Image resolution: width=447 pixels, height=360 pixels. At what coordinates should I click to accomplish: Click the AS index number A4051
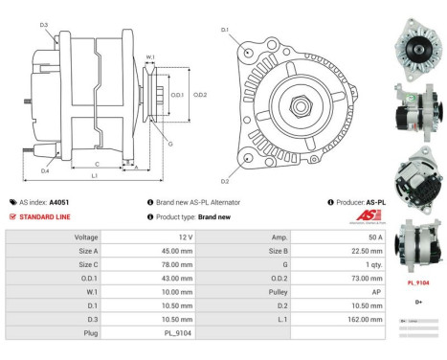pyautogui.click(x=59, y=203)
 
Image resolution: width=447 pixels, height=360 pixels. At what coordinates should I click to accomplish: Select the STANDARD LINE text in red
pyautogui.click(x=45, y=216)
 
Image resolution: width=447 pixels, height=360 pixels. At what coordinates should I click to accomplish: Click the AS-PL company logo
pyautogui.click(x=367, y=217)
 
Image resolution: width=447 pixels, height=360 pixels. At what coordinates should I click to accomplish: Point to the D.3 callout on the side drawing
pyautogui.click(x=44, y=25)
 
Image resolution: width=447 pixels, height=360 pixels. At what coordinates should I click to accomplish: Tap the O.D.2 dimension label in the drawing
pyautogui.click(x=200, y=94)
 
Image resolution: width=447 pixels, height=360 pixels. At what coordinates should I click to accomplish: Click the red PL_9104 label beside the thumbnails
pyautogui.click(x=418, y=283)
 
